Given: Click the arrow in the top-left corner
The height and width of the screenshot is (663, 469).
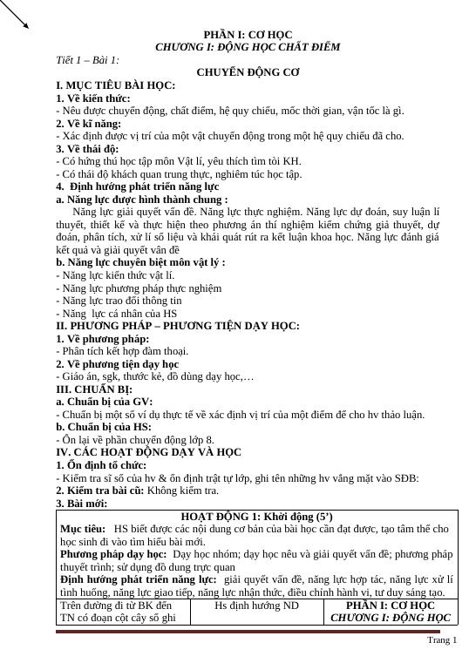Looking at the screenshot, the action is click(x=15, y=14).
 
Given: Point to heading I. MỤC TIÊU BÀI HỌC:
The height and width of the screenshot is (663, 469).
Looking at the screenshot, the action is click(x=115, y=85).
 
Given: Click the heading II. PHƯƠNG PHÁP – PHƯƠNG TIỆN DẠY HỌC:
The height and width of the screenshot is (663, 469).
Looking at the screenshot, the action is click(x=177, y=325).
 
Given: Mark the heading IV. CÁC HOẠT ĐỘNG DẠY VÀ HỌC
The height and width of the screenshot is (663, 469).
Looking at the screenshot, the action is click(x=148, y=452).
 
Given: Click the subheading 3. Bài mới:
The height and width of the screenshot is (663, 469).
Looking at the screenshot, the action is click(x=81, y=503).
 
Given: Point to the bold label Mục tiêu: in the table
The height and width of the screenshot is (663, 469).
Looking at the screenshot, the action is click(x=81, y=529).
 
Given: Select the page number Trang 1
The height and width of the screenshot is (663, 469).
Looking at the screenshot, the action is click(x=443, y=641).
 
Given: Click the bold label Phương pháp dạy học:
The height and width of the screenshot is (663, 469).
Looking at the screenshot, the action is click(x=112, y=553).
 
